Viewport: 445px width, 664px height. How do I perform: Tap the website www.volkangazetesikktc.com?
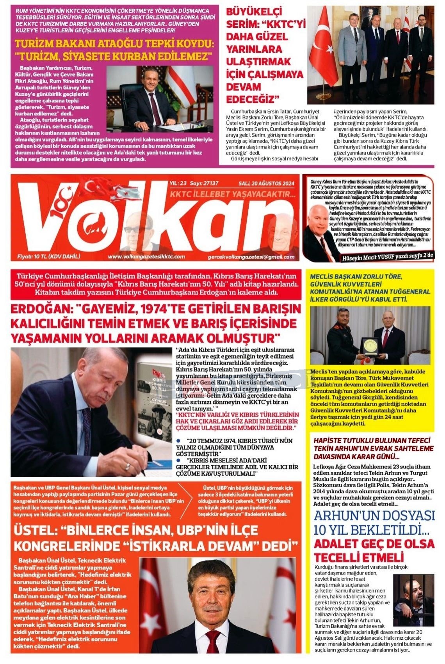coord(146,257)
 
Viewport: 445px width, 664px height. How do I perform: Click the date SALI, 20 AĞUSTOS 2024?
coord(266,183)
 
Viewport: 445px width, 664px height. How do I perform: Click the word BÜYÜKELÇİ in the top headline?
coord(254,11)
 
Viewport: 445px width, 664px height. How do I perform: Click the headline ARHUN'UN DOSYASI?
coord(374,515)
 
